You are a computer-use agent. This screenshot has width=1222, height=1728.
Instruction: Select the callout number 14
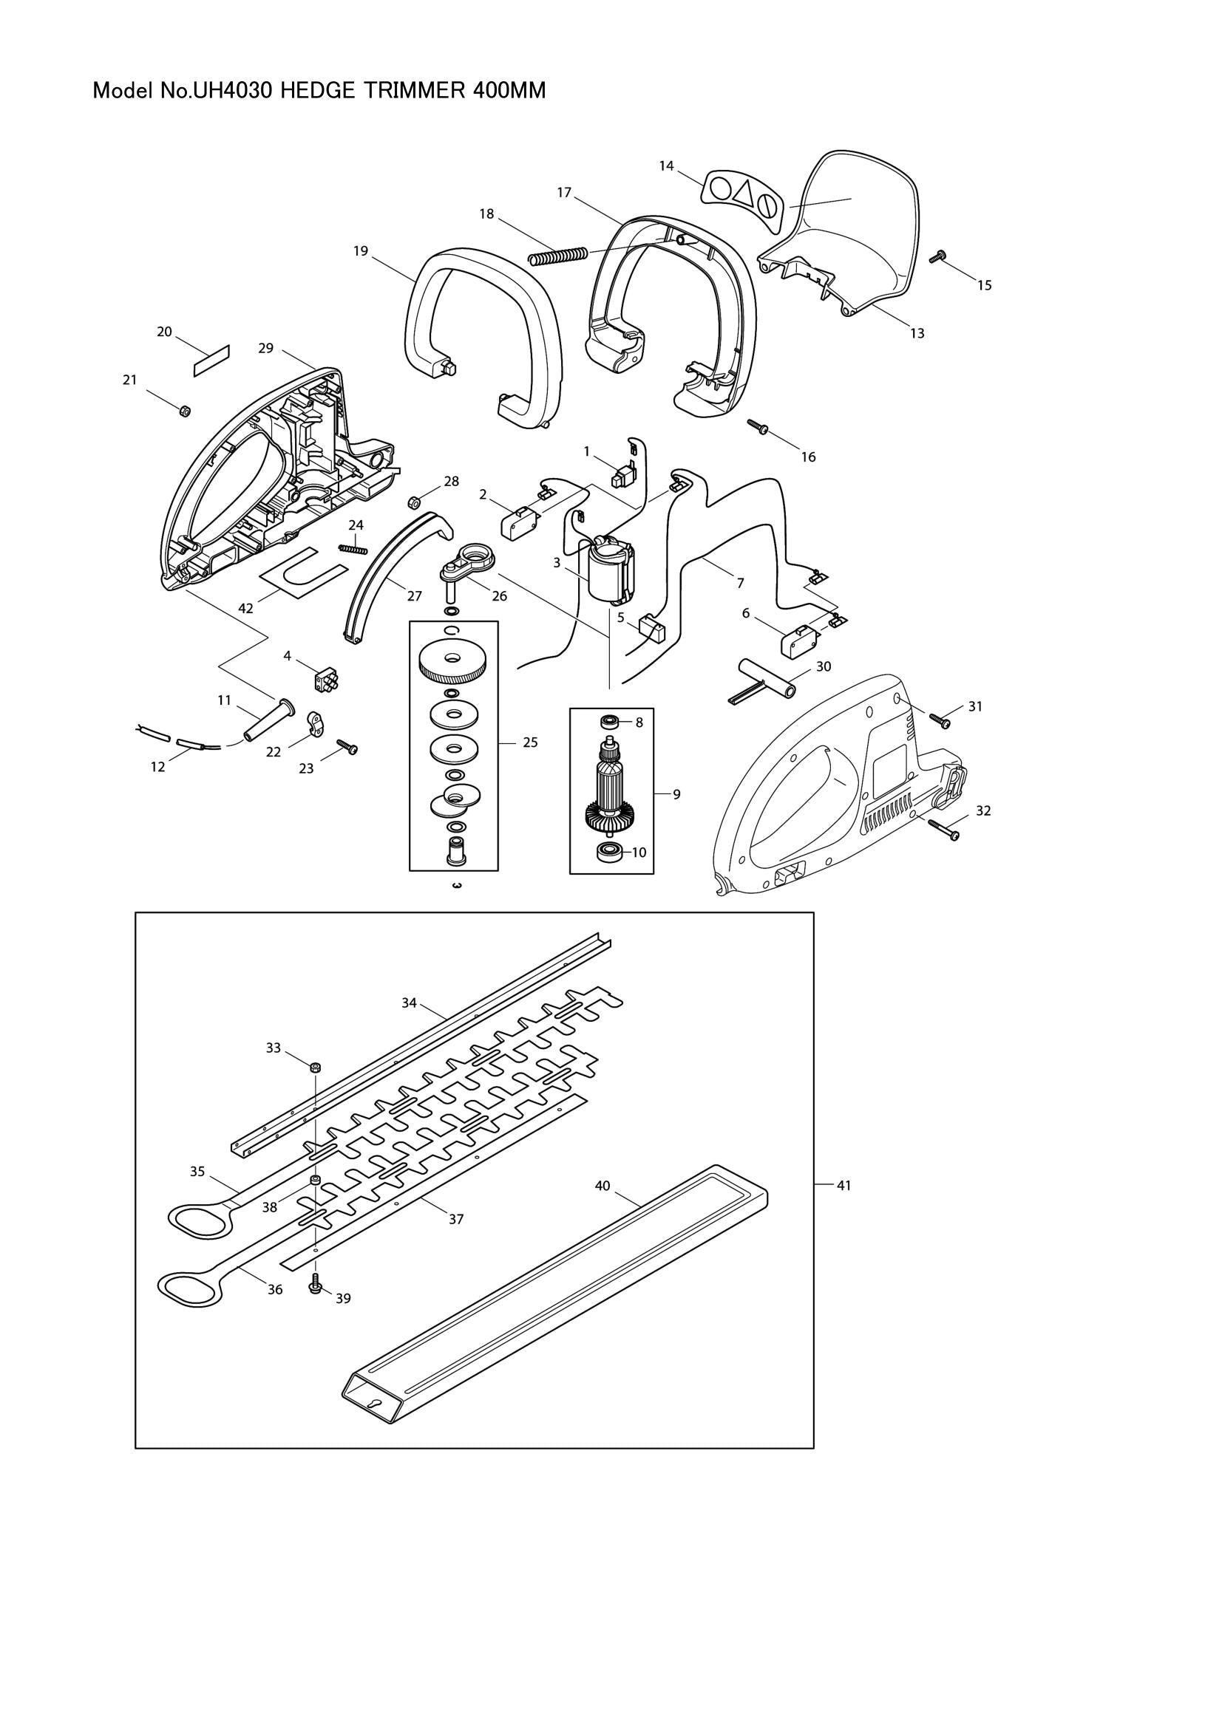(666, 165)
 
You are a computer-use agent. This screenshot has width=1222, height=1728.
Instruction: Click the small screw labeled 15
(937, 257)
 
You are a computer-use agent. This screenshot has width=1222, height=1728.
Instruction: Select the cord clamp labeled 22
(316, 725)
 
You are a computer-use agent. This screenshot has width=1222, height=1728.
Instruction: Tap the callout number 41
(843, 1185)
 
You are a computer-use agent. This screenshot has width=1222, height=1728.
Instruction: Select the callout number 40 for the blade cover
(602, 1185)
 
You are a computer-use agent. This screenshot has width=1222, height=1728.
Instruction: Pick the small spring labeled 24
(353, 547)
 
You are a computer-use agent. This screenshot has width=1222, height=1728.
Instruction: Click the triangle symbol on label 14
(743, 193)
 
